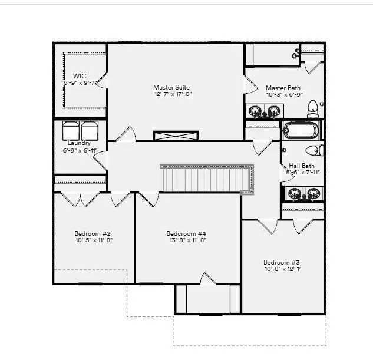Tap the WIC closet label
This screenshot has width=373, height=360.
coord(80,76)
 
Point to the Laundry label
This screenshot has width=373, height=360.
coord(79,143)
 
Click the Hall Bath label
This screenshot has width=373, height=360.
coord(301,166)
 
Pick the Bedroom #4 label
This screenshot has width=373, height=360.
coord(186,234)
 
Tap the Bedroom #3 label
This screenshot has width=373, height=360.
coord(282,262)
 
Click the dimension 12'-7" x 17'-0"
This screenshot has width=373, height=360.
coord(173,94)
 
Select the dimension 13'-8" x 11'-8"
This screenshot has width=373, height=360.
coord(186,241)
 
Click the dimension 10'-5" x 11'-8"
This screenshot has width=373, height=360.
coord(93,240)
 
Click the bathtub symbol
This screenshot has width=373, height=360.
coord(301,130)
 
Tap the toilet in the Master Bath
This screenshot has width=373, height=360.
coord(313,108)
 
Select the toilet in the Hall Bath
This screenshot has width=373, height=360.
coord(315,150)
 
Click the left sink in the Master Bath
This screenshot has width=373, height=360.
coord(256,111)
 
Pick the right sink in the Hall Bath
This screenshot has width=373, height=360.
coord(313,193)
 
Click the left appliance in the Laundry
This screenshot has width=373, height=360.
coord(71,130)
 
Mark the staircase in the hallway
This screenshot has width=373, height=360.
coord(206,179)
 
